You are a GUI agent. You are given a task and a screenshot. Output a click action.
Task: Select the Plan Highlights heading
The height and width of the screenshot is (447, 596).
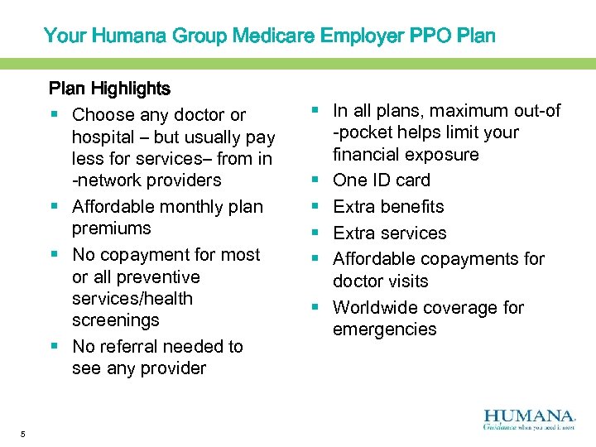tap(109, 88)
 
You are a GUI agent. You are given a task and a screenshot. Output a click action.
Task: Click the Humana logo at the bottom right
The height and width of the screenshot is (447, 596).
tap(529, 419)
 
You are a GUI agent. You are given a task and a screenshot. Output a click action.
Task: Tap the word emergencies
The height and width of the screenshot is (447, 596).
tap(384, 329)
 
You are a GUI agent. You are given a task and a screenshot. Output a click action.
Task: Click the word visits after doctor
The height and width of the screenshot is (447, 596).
tap(405, 281)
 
